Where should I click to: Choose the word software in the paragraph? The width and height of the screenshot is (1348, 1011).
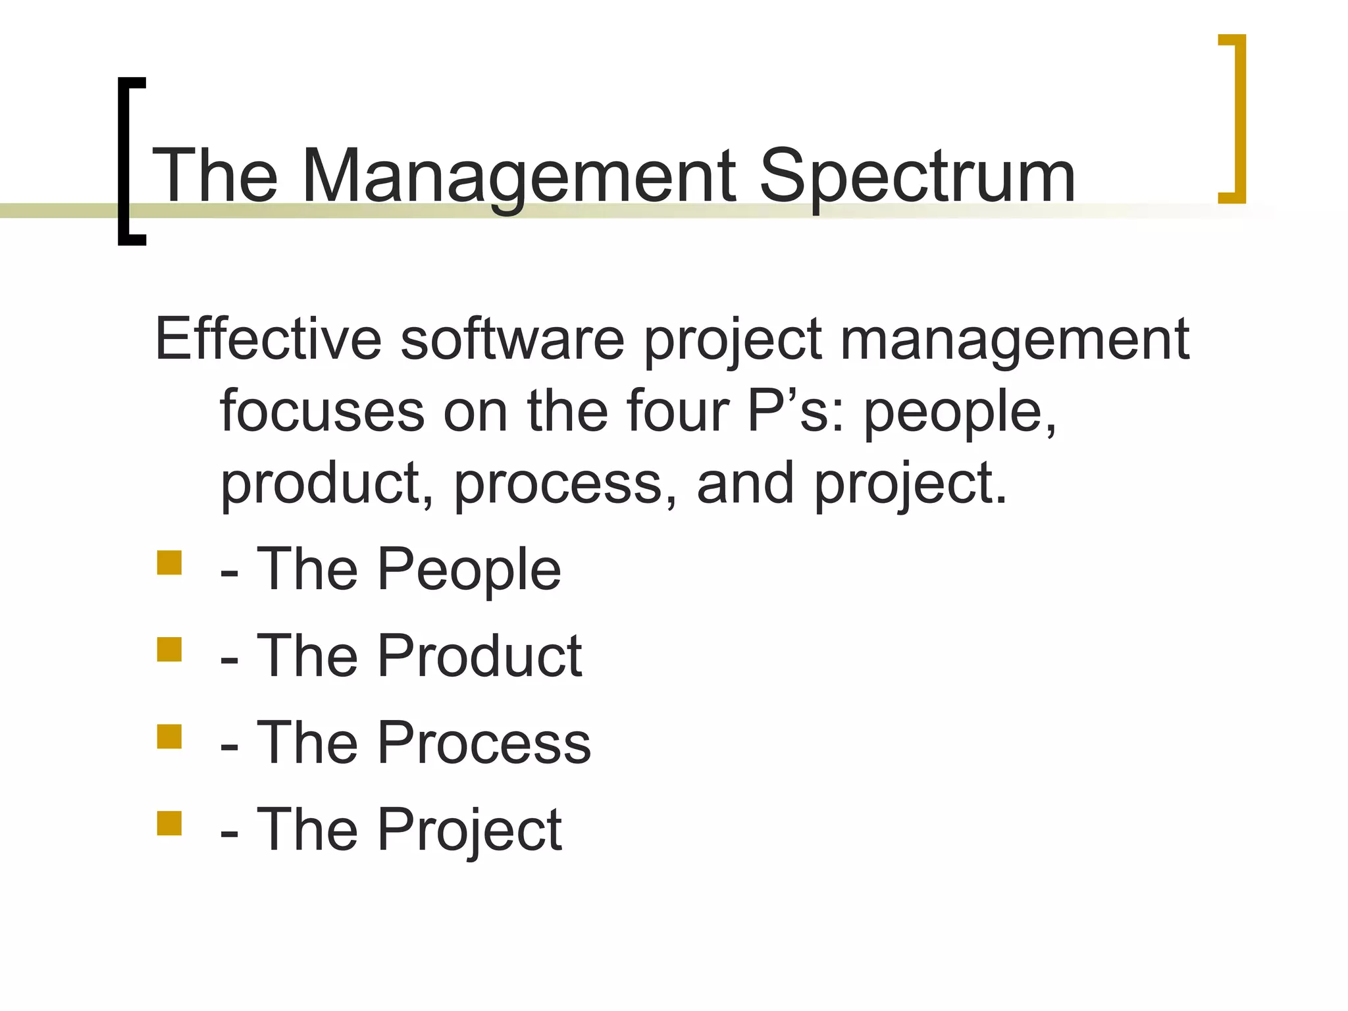[513, 339]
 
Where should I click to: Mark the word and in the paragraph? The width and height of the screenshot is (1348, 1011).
[745, 483]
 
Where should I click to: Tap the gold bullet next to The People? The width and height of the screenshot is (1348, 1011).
[169, 563]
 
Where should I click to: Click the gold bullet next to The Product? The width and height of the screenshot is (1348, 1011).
[169, 650]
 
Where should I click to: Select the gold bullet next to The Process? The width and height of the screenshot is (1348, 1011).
[169, 737]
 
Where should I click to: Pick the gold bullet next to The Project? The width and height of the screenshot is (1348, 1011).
[169, 823]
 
